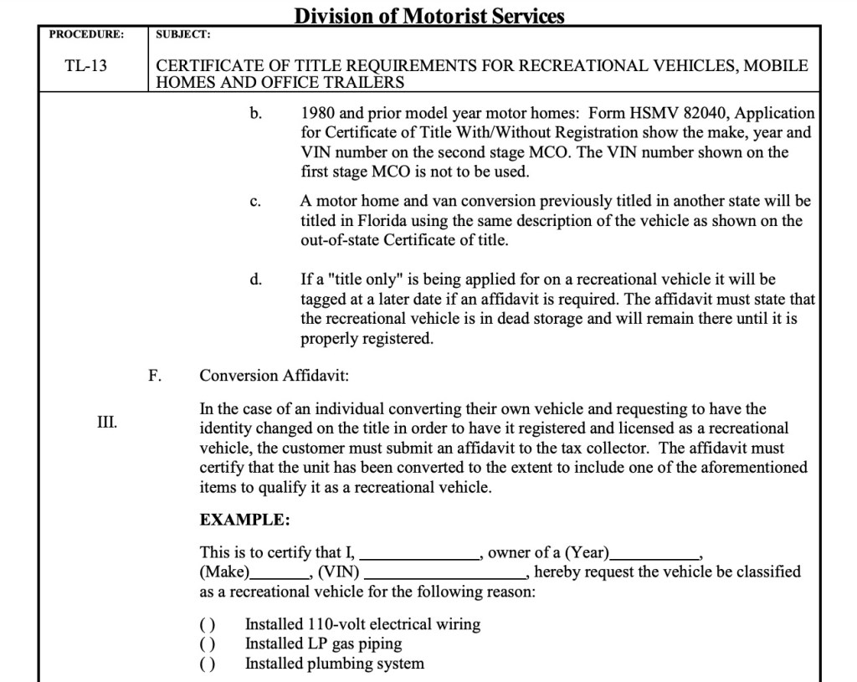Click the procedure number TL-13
tap(86, 64)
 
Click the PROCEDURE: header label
tap(86, 34)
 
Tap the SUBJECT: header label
tap(183, 34)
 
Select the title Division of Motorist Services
tap(429, 16)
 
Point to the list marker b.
tap(255, 112)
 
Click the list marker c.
tap(255, 202)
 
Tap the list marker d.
tap(255, 279)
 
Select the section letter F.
tap(154, 376)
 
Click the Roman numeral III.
tap(106, 421)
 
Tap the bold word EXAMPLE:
tap(244, 520)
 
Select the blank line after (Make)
tap(280, 574)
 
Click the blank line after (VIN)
tap(444, 574)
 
